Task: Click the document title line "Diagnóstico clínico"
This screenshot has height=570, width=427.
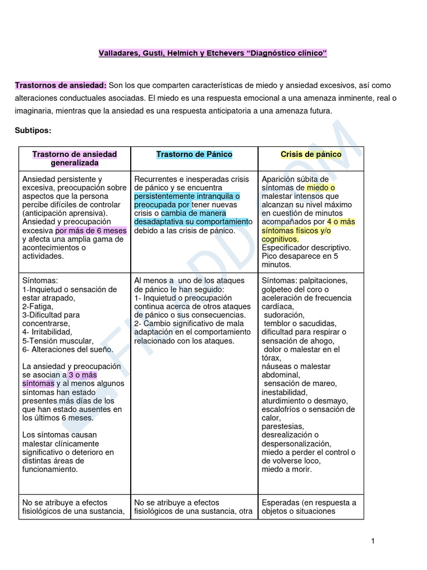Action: coord(213,53)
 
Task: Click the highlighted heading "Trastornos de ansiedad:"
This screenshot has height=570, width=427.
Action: coord(61,85)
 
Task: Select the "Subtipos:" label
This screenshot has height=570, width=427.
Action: coord(33,130)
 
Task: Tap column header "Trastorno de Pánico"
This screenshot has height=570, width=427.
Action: coord(194,154)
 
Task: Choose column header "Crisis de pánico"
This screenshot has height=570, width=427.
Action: coord(311,154)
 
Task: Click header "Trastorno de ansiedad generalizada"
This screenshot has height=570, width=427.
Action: coord(75,159)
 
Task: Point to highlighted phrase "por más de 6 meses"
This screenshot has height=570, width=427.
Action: coord(91,230)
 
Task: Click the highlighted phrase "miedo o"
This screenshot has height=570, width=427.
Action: coord(321,188)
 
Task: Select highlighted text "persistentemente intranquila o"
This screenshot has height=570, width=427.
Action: coord(187,196)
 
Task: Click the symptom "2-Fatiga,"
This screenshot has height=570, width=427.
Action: coord(38,306)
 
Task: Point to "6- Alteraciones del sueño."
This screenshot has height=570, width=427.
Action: coord(68,349)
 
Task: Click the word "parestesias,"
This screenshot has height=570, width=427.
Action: coord(282,426)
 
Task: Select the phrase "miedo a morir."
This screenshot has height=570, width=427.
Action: coord(287,469)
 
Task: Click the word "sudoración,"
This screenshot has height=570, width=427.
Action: coord(285,315)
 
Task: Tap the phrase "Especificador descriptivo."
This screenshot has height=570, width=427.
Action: coord(306,247)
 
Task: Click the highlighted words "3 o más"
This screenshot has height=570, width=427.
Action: coord(82,375)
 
